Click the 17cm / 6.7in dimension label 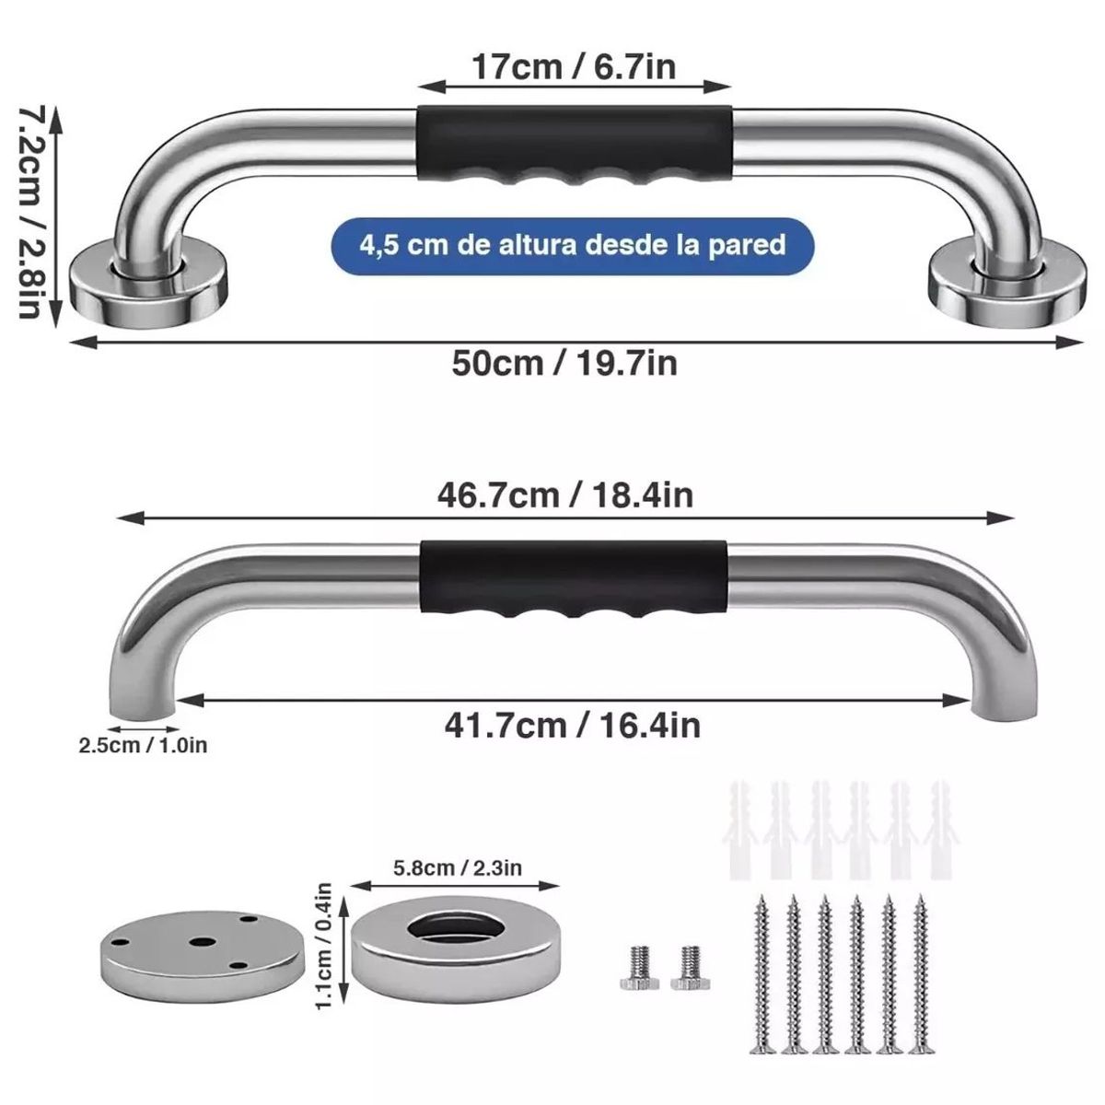tap(574, 67)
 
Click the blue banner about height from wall tap(573, 245)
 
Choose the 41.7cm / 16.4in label tap(571, 725)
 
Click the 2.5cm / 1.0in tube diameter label tap(143, 744)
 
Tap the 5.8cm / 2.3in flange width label tap(457, 867)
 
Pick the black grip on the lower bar tap(573, 580)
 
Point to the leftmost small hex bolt tap(637, 966)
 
